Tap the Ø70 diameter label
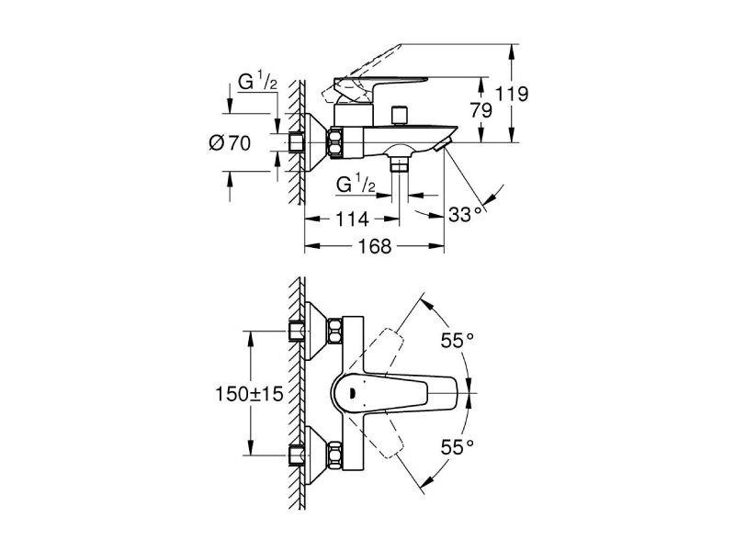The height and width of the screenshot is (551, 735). pyautogui.click(x=231, y=142)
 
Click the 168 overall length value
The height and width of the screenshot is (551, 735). pyautogui.click(x=374, y=246)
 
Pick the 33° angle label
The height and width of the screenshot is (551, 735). pyautogui.click(x=466, y=215)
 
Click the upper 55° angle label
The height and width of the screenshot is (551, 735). pyautogui.click(x=457, y=341)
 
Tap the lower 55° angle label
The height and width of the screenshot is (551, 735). pyautogui.click(x=457, y=446)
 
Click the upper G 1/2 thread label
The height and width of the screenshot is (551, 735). pyautogui.click(x=259, y=83)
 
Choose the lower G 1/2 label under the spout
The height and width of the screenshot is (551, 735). pyautogui.click(x=356, y=185)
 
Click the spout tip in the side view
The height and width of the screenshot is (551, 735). pyautogui.click(x=445, y=142)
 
